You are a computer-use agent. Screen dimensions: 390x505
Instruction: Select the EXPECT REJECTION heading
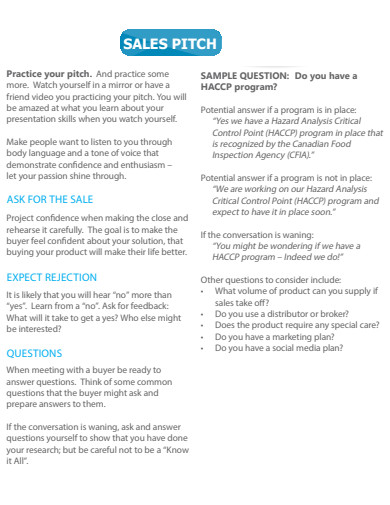click(52, 276)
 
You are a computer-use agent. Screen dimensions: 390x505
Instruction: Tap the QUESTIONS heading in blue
click(35, 353)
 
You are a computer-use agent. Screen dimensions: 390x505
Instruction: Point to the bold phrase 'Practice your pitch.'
click(49, 74)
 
